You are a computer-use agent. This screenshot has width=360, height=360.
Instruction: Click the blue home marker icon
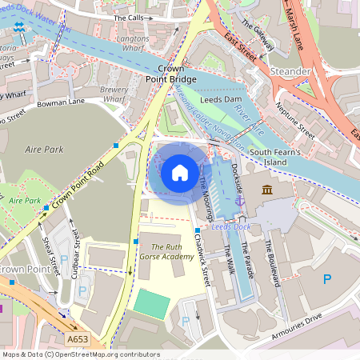point(180,172)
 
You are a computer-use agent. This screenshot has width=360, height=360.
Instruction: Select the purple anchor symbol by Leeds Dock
point(239,202)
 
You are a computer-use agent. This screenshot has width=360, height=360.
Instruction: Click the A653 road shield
point(78,340)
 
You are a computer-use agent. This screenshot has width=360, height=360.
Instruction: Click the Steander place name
point(291,71)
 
